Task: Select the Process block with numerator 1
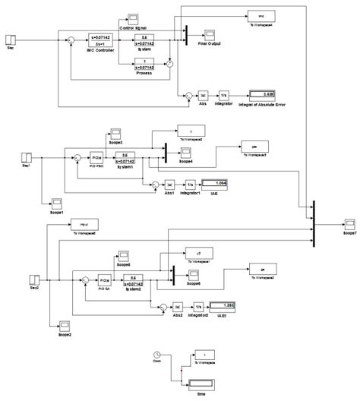point(143,68)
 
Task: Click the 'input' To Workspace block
point(84,224)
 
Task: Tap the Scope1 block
point(55,201)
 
